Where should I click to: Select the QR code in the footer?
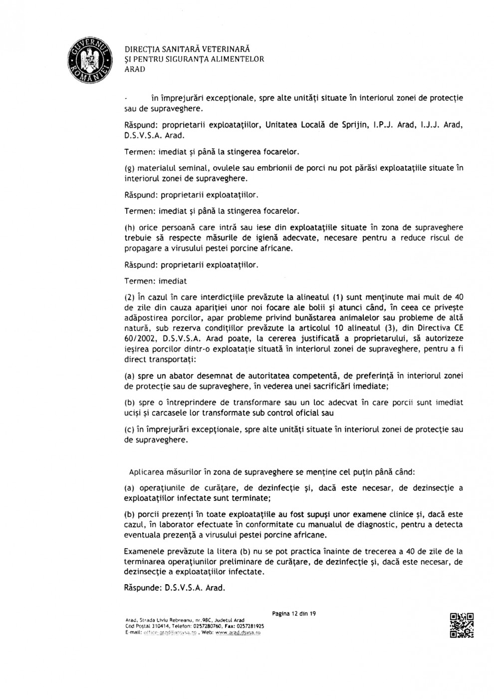462,625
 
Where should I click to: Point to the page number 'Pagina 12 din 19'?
294,613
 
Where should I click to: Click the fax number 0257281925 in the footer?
249,626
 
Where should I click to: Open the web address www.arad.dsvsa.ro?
238,632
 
